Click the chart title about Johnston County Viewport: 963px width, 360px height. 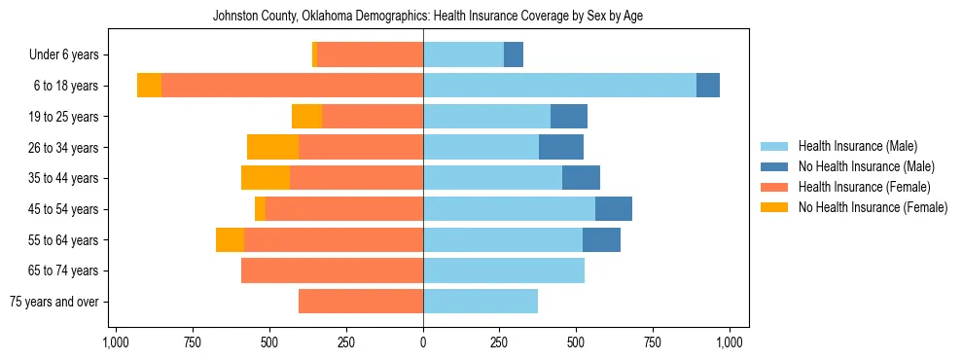(x=427, y=16)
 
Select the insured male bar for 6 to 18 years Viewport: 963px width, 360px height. (x=559, y=86)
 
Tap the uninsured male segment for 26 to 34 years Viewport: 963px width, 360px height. (x=561, y=147)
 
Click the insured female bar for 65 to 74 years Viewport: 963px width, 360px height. (x=332, y=270)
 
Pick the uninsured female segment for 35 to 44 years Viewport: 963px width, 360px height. (x=266, y=178)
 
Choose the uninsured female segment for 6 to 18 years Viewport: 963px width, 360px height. (x=149, y=86)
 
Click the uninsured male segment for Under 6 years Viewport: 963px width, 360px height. (x=514, y=54)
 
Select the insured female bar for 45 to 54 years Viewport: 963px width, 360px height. (x=344, y=209)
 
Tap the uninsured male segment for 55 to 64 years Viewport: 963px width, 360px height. (x=601, y=239)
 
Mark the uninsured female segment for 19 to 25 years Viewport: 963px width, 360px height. (x=306, y=117)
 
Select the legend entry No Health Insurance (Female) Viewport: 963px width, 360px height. (x=873, y=207)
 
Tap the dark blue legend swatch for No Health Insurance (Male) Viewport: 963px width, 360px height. (x=774, y=166)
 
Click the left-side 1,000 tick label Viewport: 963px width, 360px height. (x=116, y=342)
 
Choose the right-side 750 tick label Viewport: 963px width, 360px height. (x=653, y=342)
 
